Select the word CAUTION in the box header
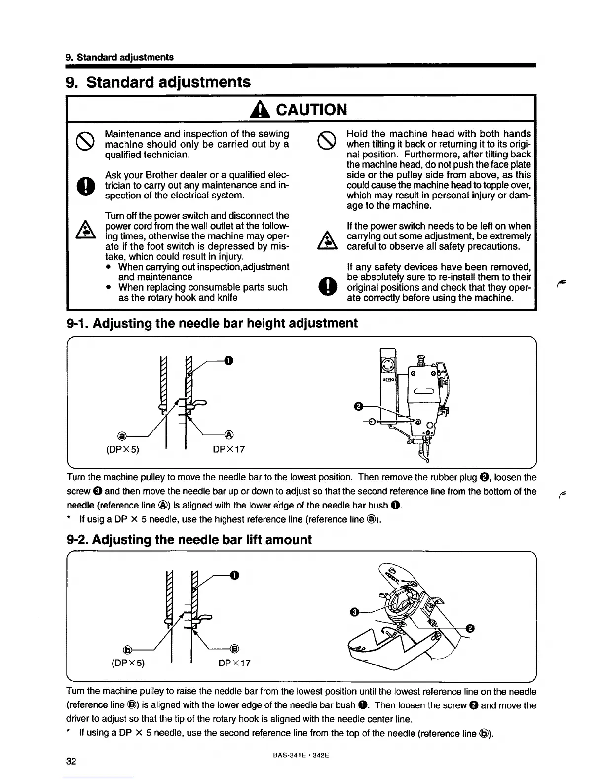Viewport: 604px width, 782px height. [311, 109]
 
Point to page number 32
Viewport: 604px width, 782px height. [71, 761]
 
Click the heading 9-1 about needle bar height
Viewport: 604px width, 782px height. [212, 323]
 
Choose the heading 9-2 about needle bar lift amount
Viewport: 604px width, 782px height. [189, 539]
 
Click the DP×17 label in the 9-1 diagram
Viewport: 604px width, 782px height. [228, 449]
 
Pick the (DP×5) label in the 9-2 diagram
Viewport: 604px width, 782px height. [125, 663]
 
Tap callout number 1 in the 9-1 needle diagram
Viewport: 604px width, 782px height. [228, 361]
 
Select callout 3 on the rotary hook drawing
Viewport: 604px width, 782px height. [353, 613]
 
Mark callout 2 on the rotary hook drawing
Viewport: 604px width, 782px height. [470, 628]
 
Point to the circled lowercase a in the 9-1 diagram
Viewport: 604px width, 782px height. [120, 435]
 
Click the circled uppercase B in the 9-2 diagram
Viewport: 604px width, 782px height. [235, 649]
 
